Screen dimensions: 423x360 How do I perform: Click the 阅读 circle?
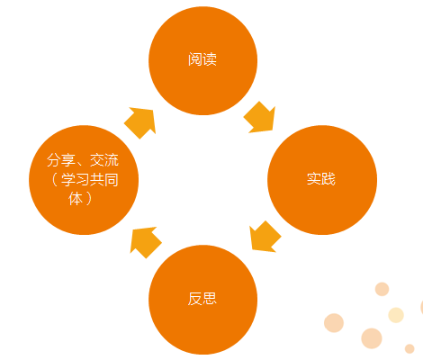[203, 60]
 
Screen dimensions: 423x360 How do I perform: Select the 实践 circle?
[322, 180]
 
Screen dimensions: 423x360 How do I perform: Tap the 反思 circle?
[203, 300]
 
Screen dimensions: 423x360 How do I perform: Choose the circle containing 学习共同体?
[84, 180]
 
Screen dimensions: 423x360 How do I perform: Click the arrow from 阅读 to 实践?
[260, 117]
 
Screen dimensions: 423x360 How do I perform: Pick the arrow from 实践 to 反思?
[265, 237]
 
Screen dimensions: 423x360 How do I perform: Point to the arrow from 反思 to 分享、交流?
[146, 242]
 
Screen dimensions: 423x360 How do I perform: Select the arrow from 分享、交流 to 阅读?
[140, 123]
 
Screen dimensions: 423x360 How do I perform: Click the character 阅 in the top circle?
[195, 59]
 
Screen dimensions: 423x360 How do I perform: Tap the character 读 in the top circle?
[210, 59]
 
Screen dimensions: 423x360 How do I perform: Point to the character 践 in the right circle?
[328, 179]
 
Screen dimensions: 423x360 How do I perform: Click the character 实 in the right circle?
[314, 179]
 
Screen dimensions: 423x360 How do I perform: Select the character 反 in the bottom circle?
[195, 299]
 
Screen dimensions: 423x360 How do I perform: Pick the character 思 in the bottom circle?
[210, 299]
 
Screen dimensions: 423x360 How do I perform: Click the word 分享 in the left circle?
[61, 160]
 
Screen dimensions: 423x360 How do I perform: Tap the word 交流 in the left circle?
[104, 160]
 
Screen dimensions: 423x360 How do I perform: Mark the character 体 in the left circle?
[76, 199]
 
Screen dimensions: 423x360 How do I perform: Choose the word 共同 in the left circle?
[104, 180]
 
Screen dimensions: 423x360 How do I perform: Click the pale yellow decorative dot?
[396, 315]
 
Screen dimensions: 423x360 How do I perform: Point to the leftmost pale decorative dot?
[334, 323]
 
